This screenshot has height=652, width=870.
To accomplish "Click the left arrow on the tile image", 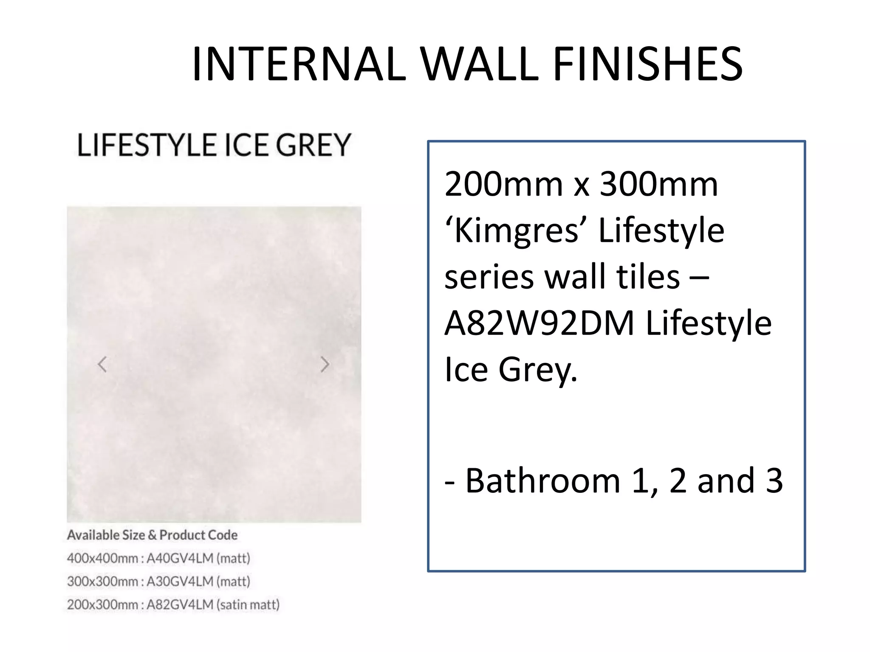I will [x=102, y=364].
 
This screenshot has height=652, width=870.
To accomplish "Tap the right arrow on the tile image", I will [x=325, y=364].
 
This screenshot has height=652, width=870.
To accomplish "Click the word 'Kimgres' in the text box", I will [x=515, y=230].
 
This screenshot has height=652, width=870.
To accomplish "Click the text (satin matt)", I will [x=248, y=604].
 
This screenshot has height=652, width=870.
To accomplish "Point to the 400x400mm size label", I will [x=102, y=558].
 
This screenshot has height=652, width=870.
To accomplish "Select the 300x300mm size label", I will [x=102, y=581].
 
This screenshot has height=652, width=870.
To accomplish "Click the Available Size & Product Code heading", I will [x=152, y=535].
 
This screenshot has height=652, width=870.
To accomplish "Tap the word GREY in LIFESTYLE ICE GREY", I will [x=313, y=145].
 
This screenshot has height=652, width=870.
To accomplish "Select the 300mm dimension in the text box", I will [x=658, y=185].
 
